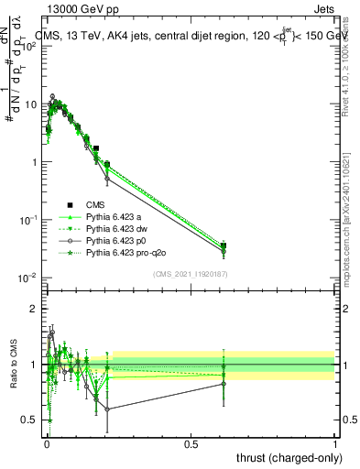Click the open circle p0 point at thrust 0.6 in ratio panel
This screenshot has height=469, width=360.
(x=224, y=384)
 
